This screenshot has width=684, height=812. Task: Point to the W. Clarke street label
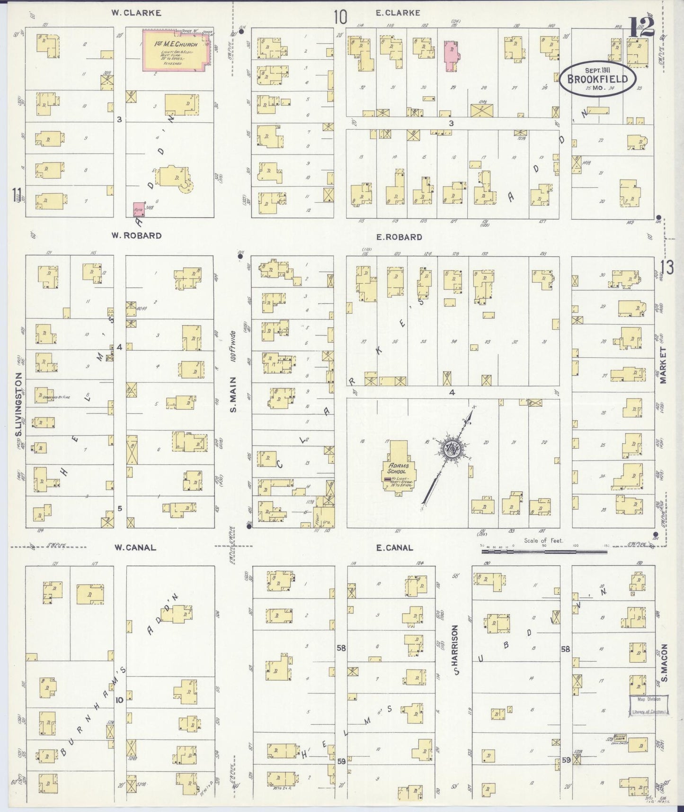tap(136, 13)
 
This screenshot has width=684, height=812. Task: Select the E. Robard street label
tap(399, 237)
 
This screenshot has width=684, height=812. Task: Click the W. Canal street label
tap(135, 548)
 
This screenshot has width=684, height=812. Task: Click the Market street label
tap(663, 365)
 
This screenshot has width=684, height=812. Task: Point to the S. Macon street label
tap(664, 663)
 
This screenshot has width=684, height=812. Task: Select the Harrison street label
tap(456, 649)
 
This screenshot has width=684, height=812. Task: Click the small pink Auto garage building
tap(139, 208)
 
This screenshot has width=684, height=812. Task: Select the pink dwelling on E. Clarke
tap(452, 55)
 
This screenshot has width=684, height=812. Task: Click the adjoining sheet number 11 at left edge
tap(18, 195)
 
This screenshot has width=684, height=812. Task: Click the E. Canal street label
tap(394, 548)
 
